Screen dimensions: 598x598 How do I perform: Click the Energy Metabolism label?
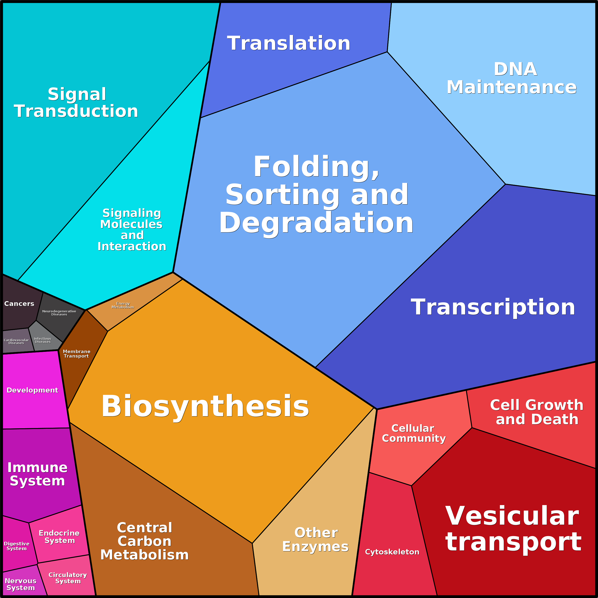pyautogui.click(x=123, y=305)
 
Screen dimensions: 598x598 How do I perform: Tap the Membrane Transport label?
pyautogui.click(x=76, y=354)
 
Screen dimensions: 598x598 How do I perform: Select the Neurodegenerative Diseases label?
pyautogui.click(x=59, y=313)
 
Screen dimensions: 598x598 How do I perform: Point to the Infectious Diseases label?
pyautogui.click(x=43, y=340)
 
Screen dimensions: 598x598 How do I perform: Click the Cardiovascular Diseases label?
pyautogui.click(x=16, y=341)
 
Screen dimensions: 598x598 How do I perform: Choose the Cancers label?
pyautogui.click(x=19, y=304)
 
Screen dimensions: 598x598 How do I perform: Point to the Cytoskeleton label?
pyautogui.click(x=392, y=552)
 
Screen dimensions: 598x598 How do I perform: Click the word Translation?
pyautogui.click(x=289, y=43)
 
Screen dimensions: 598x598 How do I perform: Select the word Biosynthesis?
pyautogui.click(x=205, y=406)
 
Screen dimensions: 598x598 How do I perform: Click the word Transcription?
pyautogui.click(x=493, y=307)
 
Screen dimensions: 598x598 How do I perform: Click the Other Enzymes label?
pyautogui.click(x=315, y=539)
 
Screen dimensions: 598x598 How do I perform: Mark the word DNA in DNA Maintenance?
pyautogui.click(x=515, y=69)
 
